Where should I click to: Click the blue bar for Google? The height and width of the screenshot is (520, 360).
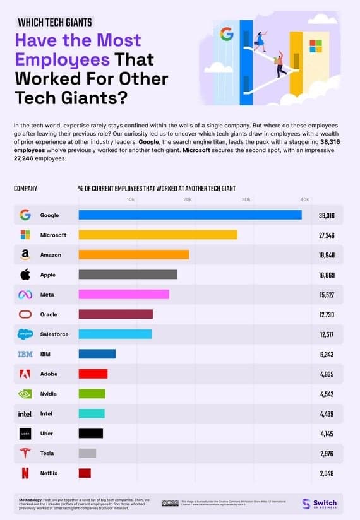(x=189, y=215)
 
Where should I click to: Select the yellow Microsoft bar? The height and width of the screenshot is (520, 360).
(x=158, y=235)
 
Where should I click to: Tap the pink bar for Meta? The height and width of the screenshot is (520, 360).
(x=124, y=294)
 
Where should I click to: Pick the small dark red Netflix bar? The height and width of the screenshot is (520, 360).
(x=85, y=473)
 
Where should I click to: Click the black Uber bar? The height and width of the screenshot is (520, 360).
(x=90, y=433)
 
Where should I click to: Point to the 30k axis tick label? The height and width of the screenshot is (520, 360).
(x=246, y=199)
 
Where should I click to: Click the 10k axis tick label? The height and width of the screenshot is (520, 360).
(x=130, y=199)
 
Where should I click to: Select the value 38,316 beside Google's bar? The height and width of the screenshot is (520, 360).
(x=327, y=215)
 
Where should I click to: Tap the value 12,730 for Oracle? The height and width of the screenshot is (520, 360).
(x=327, y=314)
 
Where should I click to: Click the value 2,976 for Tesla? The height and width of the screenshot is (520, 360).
(x=327, y=453)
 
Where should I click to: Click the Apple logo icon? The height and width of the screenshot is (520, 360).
(x=25, y=275)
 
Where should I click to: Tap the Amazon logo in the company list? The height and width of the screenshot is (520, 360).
(x=25, y=255)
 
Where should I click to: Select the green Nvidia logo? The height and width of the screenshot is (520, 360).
(x=25, y=394)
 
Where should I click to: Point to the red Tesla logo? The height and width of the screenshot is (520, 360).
(x=25, y=453)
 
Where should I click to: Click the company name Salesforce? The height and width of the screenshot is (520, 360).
(x=54, y=334)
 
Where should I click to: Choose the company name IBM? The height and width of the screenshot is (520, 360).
(x=45, y=354)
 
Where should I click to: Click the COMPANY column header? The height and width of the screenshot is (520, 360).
(x=26, y=188)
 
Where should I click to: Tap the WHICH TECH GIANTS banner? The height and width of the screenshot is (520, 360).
(x=55, y=23)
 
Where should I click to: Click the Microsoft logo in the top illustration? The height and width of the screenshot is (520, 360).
(x=315, y=47)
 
